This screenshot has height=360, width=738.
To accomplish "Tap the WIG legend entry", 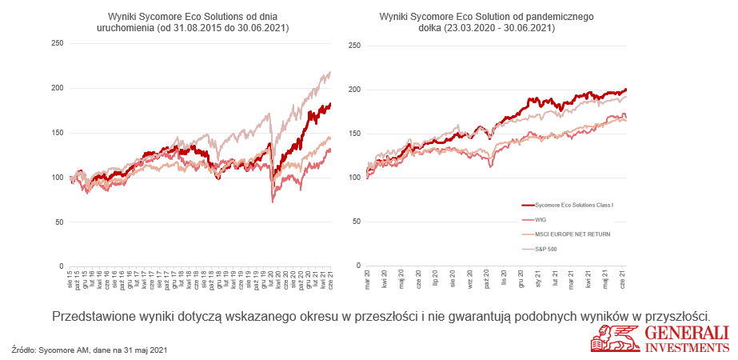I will pos(541,219).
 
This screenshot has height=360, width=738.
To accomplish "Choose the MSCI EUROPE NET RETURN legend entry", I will pos(569,234).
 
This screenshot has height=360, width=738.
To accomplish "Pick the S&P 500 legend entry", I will pos(546,248).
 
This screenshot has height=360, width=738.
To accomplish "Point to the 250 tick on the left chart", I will pos(58,43).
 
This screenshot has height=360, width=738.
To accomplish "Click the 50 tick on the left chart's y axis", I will pos(60,222).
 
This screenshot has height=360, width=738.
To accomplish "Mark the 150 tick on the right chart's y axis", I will pos(354,133).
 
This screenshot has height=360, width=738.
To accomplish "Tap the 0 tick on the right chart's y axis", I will pos(358,266).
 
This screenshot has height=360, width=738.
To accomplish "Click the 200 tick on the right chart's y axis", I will pos(354,89).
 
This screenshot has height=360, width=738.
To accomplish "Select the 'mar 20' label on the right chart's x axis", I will pos(368,282).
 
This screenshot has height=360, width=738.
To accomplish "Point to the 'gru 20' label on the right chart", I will pos(521,282).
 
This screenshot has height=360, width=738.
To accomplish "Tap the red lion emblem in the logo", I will pos(609,339).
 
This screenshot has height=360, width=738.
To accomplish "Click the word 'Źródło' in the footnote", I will pos(24,350).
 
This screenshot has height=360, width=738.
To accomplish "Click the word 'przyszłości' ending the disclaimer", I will pos(675,315).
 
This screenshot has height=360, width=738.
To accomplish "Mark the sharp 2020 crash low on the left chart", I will pos(273,202).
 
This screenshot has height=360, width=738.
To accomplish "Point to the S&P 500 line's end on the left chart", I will pos(330,72).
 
